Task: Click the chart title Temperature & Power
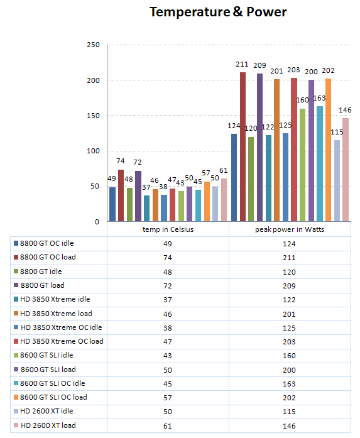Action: (218, 12)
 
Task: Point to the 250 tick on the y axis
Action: (93, 45)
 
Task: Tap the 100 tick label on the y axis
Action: (93, 151)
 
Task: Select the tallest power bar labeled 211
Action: (243, 147)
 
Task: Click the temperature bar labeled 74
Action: (121, 195)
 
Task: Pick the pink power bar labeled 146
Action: (346, 170)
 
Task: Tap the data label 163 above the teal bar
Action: (319, 98)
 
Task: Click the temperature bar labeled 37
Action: (146, 209)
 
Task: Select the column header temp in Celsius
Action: (168, 229)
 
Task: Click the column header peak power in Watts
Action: (290, 229)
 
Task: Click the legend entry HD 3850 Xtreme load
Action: (53, 314)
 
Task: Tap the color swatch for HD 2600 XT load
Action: (16, 425)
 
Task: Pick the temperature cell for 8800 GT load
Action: (168, 286)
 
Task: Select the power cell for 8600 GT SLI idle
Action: (289, 356)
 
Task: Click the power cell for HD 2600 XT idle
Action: (289, 412)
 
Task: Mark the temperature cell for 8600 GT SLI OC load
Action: (168, 398)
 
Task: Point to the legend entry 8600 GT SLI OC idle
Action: (50, 383)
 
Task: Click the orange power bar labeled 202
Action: (328, 150)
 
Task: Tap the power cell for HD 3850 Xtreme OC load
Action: (289, 342)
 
